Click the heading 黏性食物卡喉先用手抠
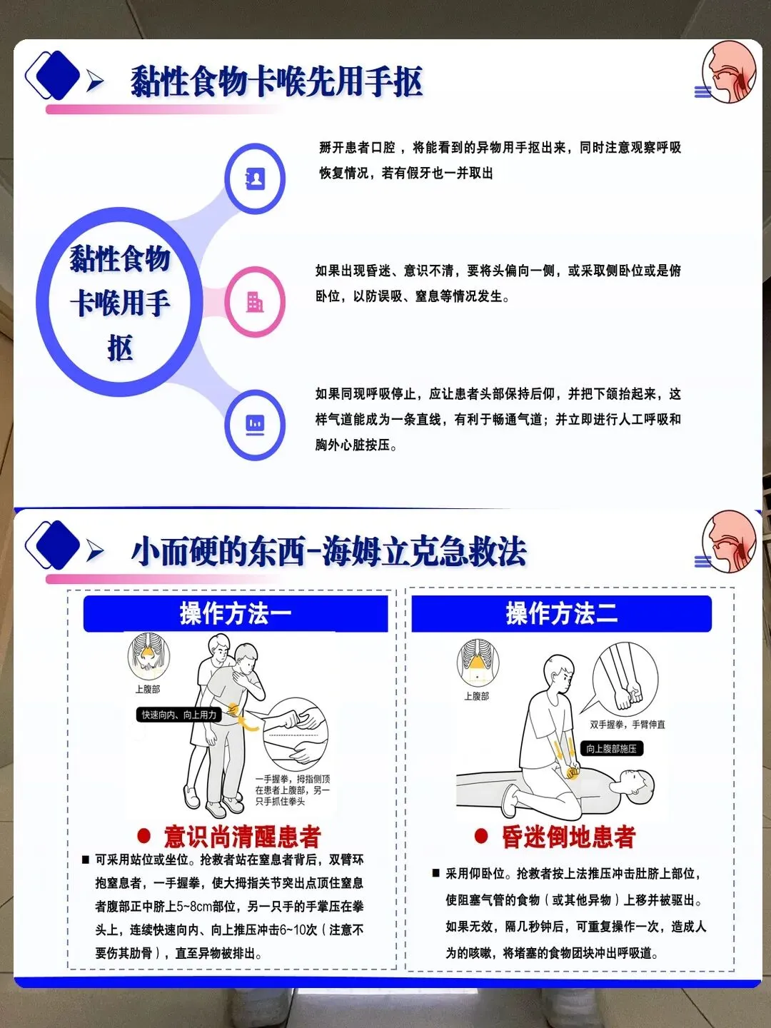point(276,81)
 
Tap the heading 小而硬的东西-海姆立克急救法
point(328,550)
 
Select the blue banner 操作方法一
point(236,613)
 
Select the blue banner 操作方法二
point(561,613)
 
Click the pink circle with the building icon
point(255,301)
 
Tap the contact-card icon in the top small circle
point(255,178)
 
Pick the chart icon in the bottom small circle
point(255,425)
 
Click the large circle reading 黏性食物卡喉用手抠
point(119,301)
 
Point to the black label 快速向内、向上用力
point(178,715)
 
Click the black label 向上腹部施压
point(611,748)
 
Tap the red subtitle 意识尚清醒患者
point(242,837)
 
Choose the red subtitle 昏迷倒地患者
point(568,837)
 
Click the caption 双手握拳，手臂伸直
point(628,725)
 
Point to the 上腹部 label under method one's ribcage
point(148,689)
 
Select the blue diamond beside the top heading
point(58,75)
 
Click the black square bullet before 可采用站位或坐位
point(86,860)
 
